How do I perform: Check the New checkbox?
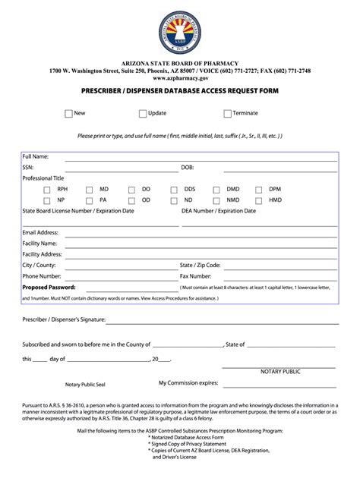click(68, 114)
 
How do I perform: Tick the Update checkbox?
click(142, 114)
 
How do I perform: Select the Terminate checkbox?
click(227, 114)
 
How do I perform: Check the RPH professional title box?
click(47, 190)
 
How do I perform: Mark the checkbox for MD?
click(89, 190)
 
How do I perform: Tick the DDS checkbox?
click(174, 190)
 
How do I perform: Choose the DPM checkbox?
click(259, 190)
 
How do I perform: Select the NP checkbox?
click(47, 201)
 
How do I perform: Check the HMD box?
click(259, 201)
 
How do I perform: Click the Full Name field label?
click(36, 156)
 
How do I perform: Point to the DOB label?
click(188, 168)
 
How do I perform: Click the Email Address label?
click(40, 232)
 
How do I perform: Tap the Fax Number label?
click(195, 276)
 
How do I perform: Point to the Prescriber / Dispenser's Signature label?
click(64, 320)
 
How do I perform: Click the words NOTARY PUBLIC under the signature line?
click(280, 372)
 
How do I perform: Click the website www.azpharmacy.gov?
click(180, 77)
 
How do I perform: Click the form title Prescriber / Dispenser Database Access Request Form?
click(180, 91)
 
